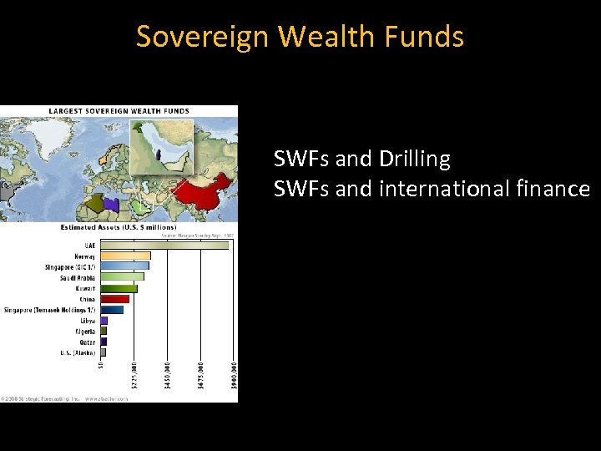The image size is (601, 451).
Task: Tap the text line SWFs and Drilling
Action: click(361, 159)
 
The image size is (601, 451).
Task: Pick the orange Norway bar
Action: click(125, 256)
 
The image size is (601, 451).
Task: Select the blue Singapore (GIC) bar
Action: click(124, 266)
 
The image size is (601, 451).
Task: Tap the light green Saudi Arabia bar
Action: click(122, 277)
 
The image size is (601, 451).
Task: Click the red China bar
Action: click(115, 299)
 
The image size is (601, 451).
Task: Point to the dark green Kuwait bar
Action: click(119, 288)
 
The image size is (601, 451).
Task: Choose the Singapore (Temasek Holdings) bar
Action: click(112, 310)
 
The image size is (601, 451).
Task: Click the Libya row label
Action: click(88, 321)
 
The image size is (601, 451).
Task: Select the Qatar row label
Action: click(87, 342)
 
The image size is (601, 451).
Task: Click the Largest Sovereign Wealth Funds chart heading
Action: click(119, 110)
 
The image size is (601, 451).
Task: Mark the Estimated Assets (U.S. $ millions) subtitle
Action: click(119, 227)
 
